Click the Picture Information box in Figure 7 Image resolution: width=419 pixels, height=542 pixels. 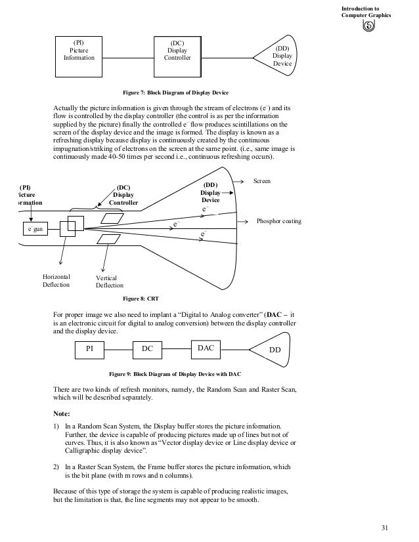tap(79, 53)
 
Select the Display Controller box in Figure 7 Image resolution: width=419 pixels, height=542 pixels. tap(177, 53)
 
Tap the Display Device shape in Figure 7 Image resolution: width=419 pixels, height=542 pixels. tap(280, 56)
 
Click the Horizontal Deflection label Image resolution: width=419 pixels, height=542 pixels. tap(56, 281)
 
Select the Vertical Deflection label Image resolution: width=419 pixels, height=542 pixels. tap(109, 281)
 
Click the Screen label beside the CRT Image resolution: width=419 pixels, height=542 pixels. tap(262, 180)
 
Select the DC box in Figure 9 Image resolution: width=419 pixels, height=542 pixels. tap(148, 350)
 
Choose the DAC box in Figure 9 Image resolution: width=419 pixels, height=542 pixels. tap(206, 349)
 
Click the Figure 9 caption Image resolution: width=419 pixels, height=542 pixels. tap(175, 373)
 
